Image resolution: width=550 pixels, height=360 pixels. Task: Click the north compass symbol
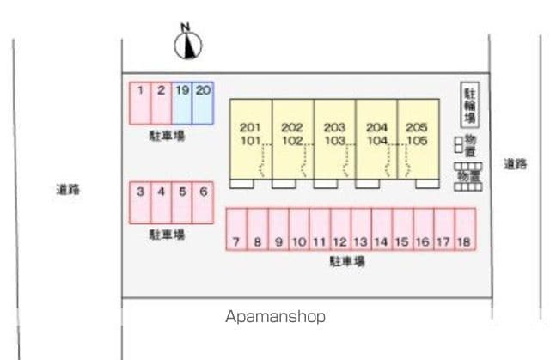click(x=187, y=45)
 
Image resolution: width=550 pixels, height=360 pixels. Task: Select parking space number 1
click(x=139, y=102)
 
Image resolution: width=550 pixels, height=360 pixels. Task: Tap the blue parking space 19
click(x=181, y=102)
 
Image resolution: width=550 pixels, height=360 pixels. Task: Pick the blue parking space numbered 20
click(x=203, y=102)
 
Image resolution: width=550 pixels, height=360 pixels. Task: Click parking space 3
click(x=139, y=203)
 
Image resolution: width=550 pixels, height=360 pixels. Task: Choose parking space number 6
click(x=203, y=203)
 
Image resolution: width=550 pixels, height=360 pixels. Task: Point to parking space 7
click(x=236, y=229)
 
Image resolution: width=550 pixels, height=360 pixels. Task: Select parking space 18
click(x=465, y=229)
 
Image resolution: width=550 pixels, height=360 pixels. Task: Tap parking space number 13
click(x=361, y=229)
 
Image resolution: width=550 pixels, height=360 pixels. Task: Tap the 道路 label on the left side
click(x=68, y=189)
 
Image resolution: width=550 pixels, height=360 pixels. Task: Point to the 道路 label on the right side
click(x=516, y=163)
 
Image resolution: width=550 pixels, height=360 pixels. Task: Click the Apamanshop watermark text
click(x=276, y=316)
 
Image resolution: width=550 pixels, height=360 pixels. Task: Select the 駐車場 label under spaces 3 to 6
click(x=167, y=234)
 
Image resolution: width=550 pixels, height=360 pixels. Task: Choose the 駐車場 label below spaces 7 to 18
click(x=347, y=261)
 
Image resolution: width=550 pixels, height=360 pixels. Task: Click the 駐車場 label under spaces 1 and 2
click(x=167, y=136)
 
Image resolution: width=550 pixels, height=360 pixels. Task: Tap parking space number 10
click(x=298, y=229)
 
